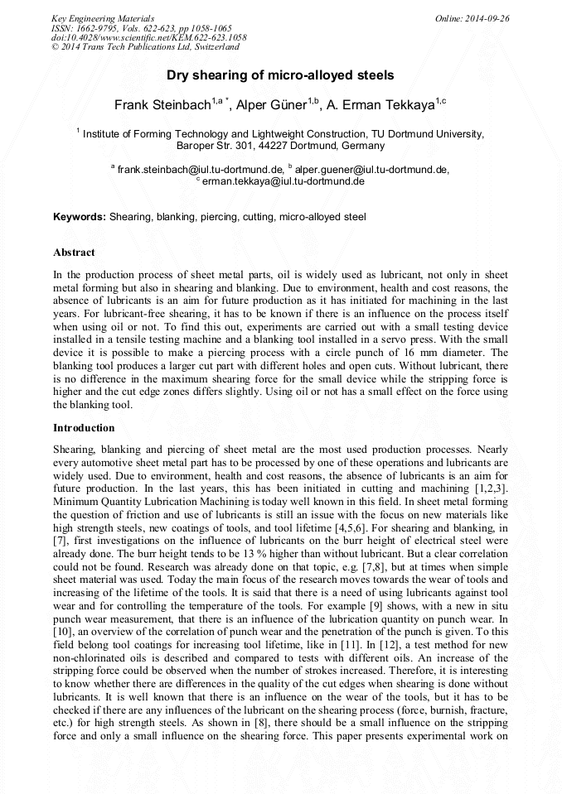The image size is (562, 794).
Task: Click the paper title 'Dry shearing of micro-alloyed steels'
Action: pyautogui.click(x=280, y=75)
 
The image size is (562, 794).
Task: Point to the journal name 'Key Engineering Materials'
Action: pyautogui.click(x=102, y=18)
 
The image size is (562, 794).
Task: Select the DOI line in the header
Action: pyautogui.click(x=148, y=38)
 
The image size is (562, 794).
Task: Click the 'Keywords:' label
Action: pyautogui.click(x=80, y=217)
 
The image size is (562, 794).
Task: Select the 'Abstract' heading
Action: pyautogui.click(x=74, y=252)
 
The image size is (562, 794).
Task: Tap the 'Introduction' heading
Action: pyautogui.click(x=84, y=428)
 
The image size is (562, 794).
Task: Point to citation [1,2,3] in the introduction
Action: pyautogui.click(x=489, y=489)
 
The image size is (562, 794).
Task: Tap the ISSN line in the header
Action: pyautogui.click(x=141, y=28)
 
